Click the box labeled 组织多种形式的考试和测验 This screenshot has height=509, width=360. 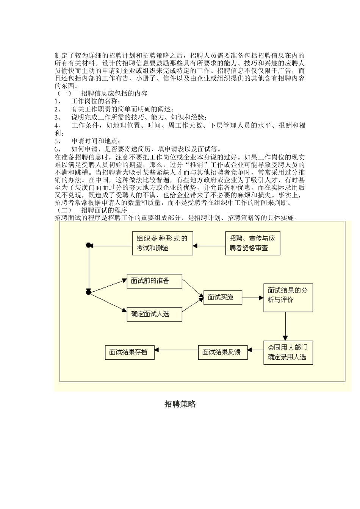tap(162, 243)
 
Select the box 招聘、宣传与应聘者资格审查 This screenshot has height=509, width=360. tap(252, 243)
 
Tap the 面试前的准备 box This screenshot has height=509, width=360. tap(154, 281)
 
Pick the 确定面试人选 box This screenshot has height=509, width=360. tap(154, 314)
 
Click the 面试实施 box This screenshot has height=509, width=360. tap(223, 297)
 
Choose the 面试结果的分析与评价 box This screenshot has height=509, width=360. tap(288, 297)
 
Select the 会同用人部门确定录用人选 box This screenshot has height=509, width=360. tap(288, 352)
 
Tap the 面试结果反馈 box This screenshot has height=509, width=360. tap(223, 352)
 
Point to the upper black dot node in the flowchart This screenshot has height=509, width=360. tap(88, 245)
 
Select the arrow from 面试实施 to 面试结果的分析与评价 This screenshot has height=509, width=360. tap(253, 298)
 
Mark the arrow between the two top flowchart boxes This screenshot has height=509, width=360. tap(209, 245)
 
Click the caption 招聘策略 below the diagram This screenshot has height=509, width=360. tap(180, 404)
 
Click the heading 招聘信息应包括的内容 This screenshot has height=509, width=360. tap(114, 93)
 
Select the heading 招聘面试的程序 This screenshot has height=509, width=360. tap(104, 210)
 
